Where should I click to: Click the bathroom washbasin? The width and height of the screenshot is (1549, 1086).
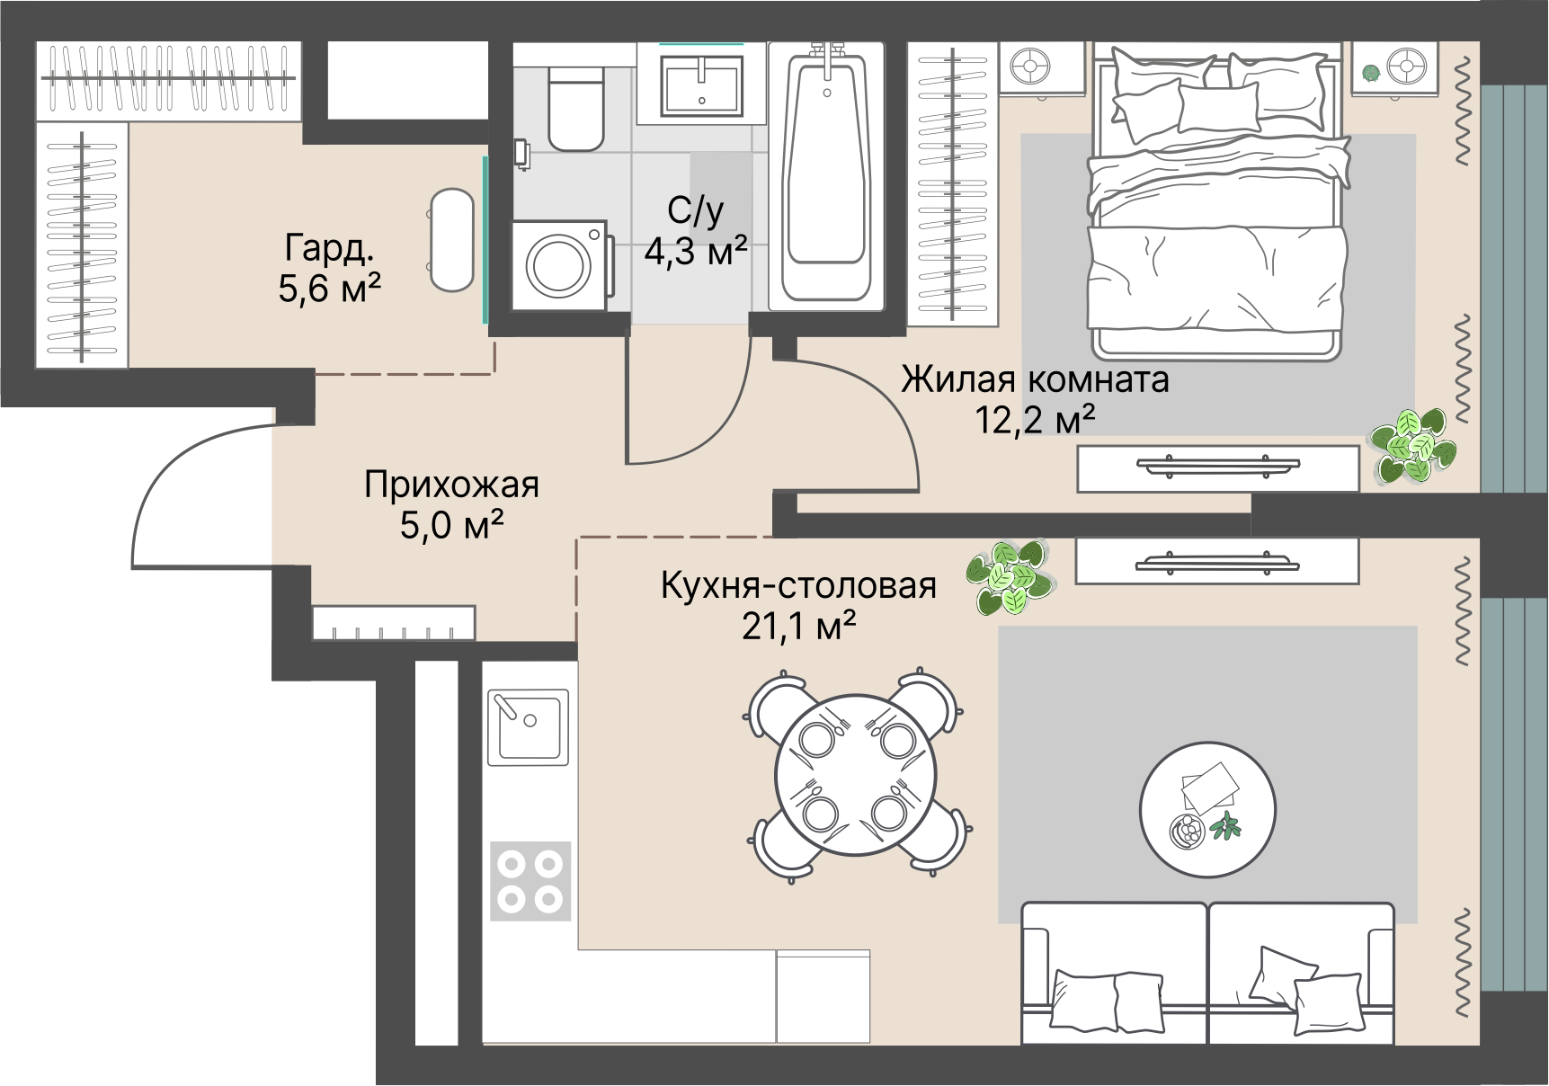click(x=701, y=85)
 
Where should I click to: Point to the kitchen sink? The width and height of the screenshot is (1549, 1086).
click(x=529, y=725)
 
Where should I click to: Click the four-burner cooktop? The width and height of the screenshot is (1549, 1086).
click(x=530, y=881)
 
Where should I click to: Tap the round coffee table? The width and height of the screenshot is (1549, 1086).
click(x=1207, y=809)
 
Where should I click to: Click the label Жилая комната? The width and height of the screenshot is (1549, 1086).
click(x=1035, y=379)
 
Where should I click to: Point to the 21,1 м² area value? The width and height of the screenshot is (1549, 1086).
click(x=798, y=626)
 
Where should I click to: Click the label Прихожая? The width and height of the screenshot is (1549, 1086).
click(x=451, y=485)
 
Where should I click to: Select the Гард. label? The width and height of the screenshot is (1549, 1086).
click(x=329, y=248)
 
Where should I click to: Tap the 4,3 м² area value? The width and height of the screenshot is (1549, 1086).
click(x=696, y=252)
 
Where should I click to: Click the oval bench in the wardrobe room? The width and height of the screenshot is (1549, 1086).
click(x=451, y=240)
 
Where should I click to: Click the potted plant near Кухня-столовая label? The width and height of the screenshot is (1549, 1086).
click(x=1010, y=577)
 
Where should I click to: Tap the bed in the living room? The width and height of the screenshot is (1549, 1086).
click(x=1217, y=202)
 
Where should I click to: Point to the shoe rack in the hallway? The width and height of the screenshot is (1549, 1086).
click(x=394, y=622)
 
